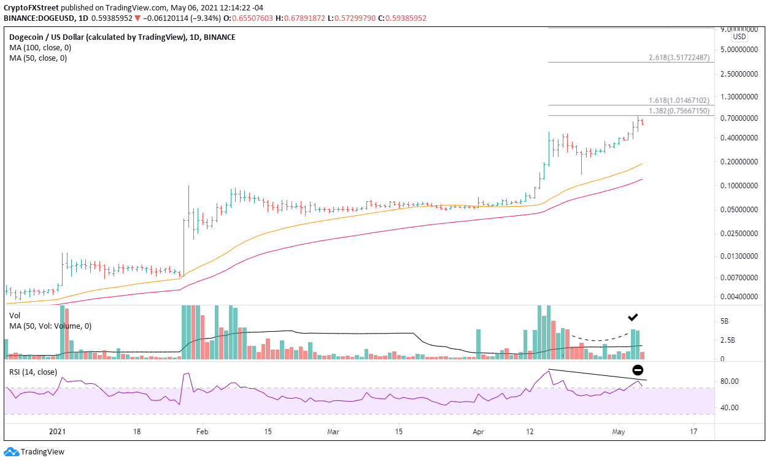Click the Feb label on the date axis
(203, 431)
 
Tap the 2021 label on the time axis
(58, 431)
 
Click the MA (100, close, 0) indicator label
(37, 48)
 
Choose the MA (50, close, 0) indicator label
(36, 58)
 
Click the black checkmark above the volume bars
(633, 318)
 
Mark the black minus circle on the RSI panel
(638, 370)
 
